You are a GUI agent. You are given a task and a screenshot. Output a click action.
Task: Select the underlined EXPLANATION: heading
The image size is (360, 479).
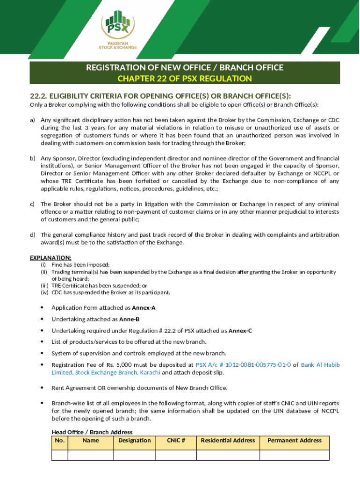point(50,258)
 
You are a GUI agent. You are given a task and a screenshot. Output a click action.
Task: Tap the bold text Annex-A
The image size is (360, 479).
point(144,308)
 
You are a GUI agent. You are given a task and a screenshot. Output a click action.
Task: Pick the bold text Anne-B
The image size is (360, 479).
point(129,319)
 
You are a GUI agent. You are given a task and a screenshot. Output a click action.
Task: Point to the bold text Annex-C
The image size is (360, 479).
point(240,331)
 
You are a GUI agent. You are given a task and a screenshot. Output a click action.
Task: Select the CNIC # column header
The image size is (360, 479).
point(176,440)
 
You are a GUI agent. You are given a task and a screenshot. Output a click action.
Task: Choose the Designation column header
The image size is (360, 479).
point(135,440)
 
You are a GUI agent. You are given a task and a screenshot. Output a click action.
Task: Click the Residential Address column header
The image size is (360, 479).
point(228,440)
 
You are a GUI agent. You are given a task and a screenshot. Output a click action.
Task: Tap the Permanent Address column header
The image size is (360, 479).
point(295,440)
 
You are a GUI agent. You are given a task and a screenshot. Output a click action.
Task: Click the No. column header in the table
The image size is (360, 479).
point(59,440)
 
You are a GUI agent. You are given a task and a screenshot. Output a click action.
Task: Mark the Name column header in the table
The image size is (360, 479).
point(91,440)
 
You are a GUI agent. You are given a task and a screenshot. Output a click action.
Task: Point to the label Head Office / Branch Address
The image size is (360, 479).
point(92,432)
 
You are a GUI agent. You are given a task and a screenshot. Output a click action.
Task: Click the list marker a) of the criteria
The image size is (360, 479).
point(33,120)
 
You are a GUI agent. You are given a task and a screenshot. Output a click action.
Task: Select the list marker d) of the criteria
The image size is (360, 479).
point(33,235)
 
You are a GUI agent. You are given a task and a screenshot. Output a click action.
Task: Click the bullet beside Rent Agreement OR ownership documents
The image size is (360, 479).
point(42,388)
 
